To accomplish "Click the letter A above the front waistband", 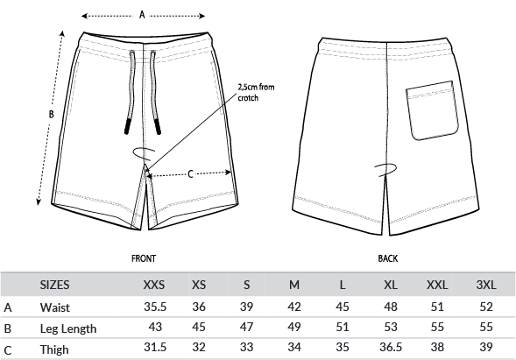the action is coord(142,15).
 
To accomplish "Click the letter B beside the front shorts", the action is coord(51,114).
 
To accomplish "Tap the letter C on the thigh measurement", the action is coord(190,173).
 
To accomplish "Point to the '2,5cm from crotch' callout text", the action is coord(256,93).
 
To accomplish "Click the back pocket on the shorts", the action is coord(432,110).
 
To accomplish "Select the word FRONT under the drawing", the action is coord(144,258).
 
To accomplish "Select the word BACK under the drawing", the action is coord(388,258).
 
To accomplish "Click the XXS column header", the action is coord(154,285).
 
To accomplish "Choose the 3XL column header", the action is coord(486,285).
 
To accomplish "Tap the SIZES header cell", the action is coord(54,285).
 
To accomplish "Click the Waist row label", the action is coord(55,307).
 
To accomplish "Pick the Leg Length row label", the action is coord(68,328).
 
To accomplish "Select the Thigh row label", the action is coord(54,349).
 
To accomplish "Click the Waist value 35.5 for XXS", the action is coord(155,307).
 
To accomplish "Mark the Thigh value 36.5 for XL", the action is coord(391,347).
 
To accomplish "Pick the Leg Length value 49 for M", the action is coord(294,327).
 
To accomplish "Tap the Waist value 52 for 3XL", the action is coord(486,307).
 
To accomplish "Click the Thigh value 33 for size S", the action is coord(246,347).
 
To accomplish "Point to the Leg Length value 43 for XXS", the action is coord(155,327).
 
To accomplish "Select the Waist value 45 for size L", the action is coord(343,307).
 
